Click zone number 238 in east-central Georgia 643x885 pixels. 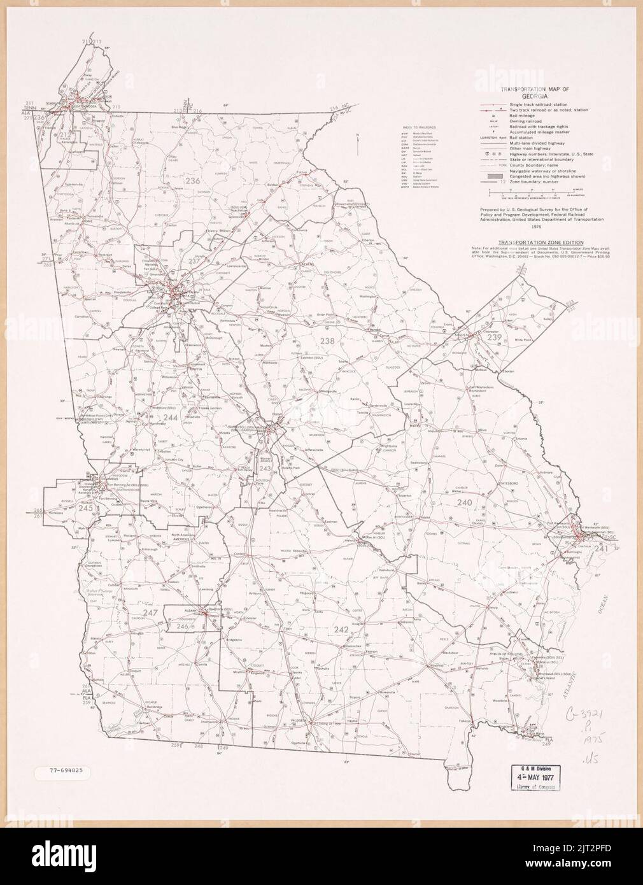327,342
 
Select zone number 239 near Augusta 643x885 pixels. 495,337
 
